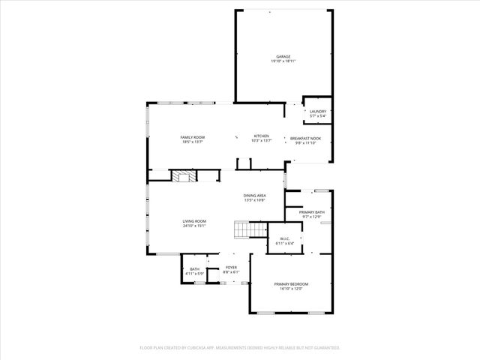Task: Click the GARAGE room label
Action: (283, 57)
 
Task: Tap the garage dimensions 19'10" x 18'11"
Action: (283, 61)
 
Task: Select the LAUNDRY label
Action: (318, 111)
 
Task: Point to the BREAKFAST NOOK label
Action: (306, 138)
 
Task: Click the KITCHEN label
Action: (261, 136)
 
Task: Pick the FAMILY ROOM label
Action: (192, 137)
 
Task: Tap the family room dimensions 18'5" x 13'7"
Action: (192, 142)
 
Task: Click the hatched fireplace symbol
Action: (184, 175)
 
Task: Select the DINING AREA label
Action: (255, 195)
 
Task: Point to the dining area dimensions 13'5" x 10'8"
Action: (255, 200)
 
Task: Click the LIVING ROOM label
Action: (194, 221)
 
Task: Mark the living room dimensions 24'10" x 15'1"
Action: (194, 226)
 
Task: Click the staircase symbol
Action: (248, 229)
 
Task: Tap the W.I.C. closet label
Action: (285, 239)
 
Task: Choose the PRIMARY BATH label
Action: (312, 213)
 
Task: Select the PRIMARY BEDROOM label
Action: (291, 283)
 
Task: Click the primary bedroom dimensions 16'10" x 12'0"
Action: (291, 289)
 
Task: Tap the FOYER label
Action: (232, 267)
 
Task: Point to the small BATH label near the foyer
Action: (194, 269)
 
